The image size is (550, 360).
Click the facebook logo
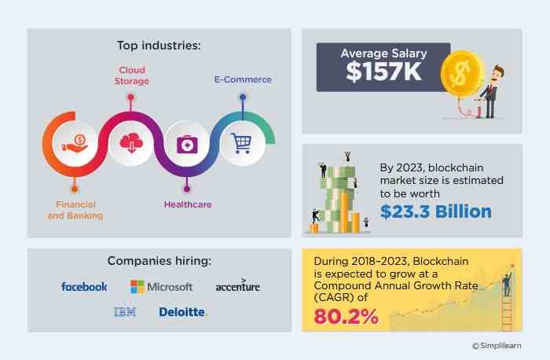(x=84, y=287)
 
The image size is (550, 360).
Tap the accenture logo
(x=237, y=286)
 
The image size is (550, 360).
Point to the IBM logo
(x=124, y=312)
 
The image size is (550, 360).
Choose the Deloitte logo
(x=182, y=312)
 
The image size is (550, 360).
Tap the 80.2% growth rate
(x=346, y=317)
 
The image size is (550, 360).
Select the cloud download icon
(x=130, y=142)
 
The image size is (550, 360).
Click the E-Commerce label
(x=243, y=79)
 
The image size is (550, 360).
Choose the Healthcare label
(x=187, y=204)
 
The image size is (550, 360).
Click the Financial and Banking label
(x=75, y=209)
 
